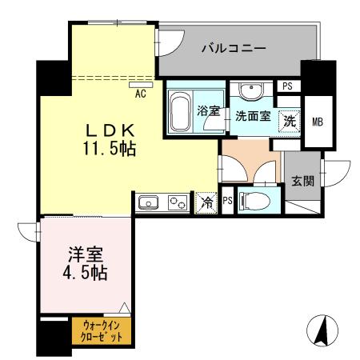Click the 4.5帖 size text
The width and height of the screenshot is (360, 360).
point(81,272)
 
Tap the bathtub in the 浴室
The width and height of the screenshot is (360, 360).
point(181,112)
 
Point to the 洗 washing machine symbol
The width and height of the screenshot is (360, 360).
point(290,121)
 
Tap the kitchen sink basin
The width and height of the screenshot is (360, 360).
point(150,204)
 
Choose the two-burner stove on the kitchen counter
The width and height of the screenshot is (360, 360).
point(178,204)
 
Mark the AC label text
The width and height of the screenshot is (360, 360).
point(141,94)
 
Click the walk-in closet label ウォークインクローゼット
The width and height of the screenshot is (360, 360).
point(101,330)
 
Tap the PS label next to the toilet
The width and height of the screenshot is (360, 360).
point(227,202)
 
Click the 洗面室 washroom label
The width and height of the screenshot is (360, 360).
point(251,116)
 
